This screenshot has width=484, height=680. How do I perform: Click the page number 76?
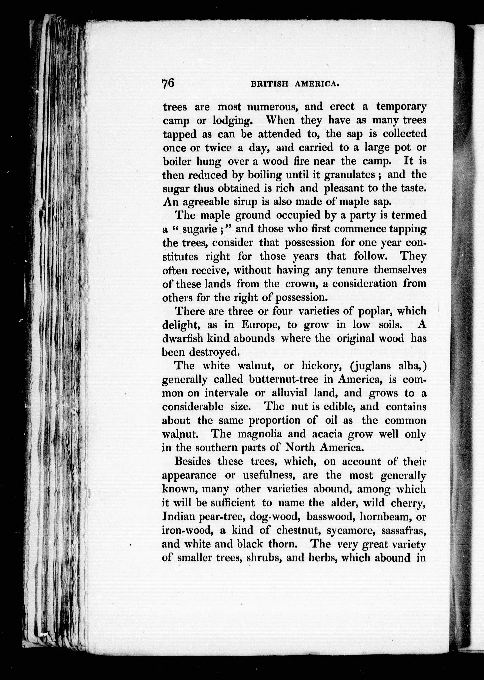168,83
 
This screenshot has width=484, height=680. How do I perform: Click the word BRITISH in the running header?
269,84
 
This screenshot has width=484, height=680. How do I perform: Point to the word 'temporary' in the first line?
401,106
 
